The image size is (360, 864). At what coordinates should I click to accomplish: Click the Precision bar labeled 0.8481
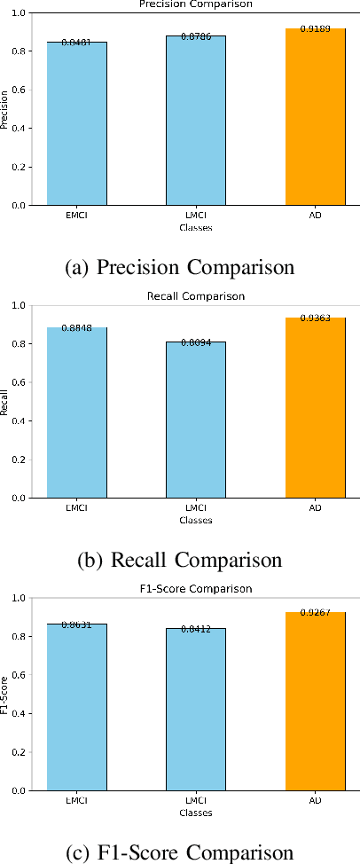76,123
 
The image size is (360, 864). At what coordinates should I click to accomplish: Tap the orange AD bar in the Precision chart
315,116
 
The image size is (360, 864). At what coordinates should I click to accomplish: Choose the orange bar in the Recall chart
315,407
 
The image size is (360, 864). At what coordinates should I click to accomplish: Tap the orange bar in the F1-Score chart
315,701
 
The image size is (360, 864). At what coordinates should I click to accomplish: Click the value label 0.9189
315,30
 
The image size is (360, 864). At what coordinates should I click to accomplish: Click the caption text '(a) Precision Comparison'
181,267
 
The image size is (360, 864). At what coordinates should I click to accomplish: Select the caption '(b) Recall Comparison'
181,560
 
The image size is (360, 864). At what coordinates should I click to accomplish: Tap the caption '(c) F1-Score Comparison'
181,852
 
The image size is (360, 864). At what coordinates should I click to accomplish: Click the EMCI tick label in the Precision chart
76,216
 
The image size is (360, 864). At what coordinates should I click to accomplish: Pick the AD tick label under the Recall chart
315,508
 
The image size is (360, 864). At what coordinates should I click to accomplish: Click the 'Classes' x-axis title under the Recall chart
195,520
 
